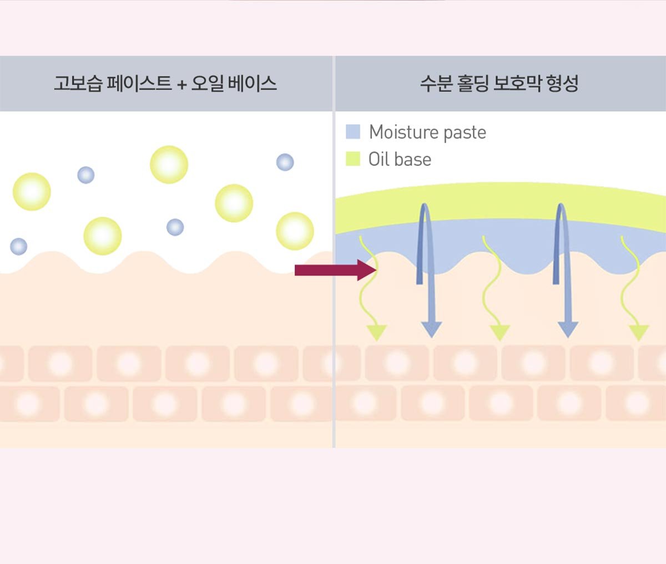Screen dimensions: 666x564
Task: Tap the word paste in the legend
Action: click(465, 133)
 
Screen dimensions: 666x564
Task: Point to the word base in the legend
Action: click(413, 159)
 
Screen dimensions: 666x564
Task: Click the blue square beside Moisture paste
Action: click(353, 132)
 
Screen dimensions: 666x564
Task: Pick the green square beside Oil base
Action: click(353, 159)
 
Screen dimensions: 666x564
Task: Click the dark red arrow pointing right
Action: click(335, 270)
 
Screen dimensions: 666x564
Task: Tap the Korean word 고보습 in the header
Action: click(78, 83)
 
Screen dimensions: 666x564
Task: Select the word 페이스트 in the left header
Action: click(139, 83)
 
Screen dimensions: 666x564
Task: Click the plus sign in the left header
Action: click(182, 84)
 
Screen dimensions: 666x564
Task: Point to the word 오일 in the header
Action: click(208, 83)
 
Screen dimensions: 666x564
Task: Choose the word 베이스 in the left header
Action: click(253, 83)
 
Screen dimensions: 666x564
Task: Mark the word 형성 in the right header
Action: click(562, 83)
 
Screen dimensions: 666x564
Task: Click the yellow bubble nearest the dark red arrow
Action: click(295, 231)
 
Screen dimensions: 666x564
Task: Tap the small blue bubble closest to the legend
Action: click(285, 162)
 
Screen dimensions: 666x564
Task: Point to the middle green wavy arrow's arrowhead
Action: click(500, 332)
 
